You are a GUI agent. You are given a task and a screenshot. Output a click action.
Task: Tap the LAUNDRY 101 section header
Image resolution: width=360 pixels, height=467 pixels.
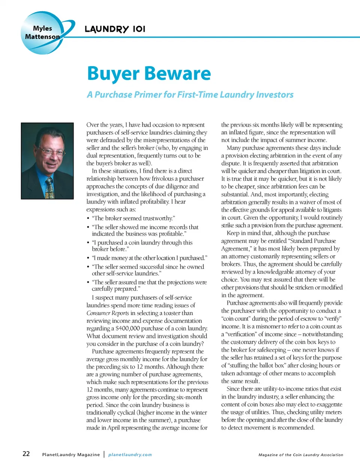(115, 29)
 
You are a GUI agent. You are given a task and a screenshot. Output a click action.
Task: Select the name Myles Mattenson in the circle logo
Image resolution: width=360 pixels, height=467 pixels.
(42, 33)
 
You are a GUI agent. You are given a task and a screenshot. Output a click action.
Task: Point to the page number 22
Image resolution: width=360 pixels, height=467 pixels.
(26, 454)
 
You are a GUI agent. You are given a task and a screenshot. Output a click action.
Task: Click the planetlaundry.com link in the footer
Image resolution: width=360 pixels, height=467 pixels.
(130, 455)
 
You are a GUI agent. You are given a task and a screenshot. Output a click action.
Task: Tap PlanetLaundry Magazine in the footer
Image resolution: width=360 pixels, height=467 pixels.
(71, 455)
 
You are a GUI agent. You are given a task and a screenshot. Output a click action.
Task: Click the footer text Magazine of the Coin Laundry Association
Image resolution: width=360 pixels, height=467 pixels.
(301, 455)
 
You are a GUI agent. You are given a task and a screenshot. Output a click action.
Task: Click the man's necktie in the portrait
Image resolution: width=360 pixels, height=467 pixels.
(49, 189)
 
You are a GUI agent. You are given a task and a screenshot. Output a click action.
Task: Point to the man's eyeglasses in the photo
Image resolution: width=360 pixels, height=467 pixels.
(48, 151)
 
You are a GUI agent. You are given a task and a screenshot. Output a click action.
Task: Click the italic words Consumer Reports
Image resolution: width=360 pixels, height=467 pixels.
(108, 313)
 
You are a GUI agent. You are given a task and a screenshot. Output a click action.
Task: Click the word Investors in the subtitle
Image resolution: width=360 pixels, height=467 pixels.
(274, 95)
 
